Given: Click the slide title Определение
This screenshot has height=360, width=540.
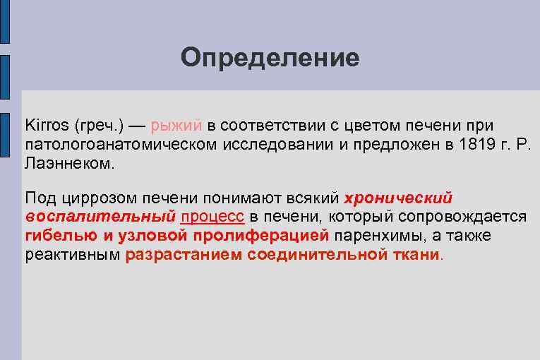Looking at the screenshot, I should (270, 57).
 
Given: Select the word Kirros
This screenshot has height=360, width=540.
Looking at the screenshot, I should (46, 125).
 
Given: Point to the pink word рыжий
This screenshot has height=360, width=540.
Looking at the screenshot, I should (176, 126).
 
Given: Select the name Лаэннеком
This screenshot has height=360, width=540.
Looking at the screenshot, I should (68, 162).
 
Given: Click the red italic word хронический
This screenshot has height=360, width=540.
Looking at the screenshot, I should (397, 198).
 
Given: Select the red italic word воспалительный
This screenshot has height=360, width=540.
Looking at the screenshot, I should (100, 217).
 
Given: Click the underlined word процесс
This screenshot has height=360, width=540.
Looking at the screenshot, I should (212, 217).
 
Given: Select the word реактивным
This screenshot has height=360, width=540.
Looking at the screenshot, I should (73, 254).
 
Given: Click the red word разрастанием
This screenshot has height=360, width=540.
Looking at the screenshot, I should (184, 254).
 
